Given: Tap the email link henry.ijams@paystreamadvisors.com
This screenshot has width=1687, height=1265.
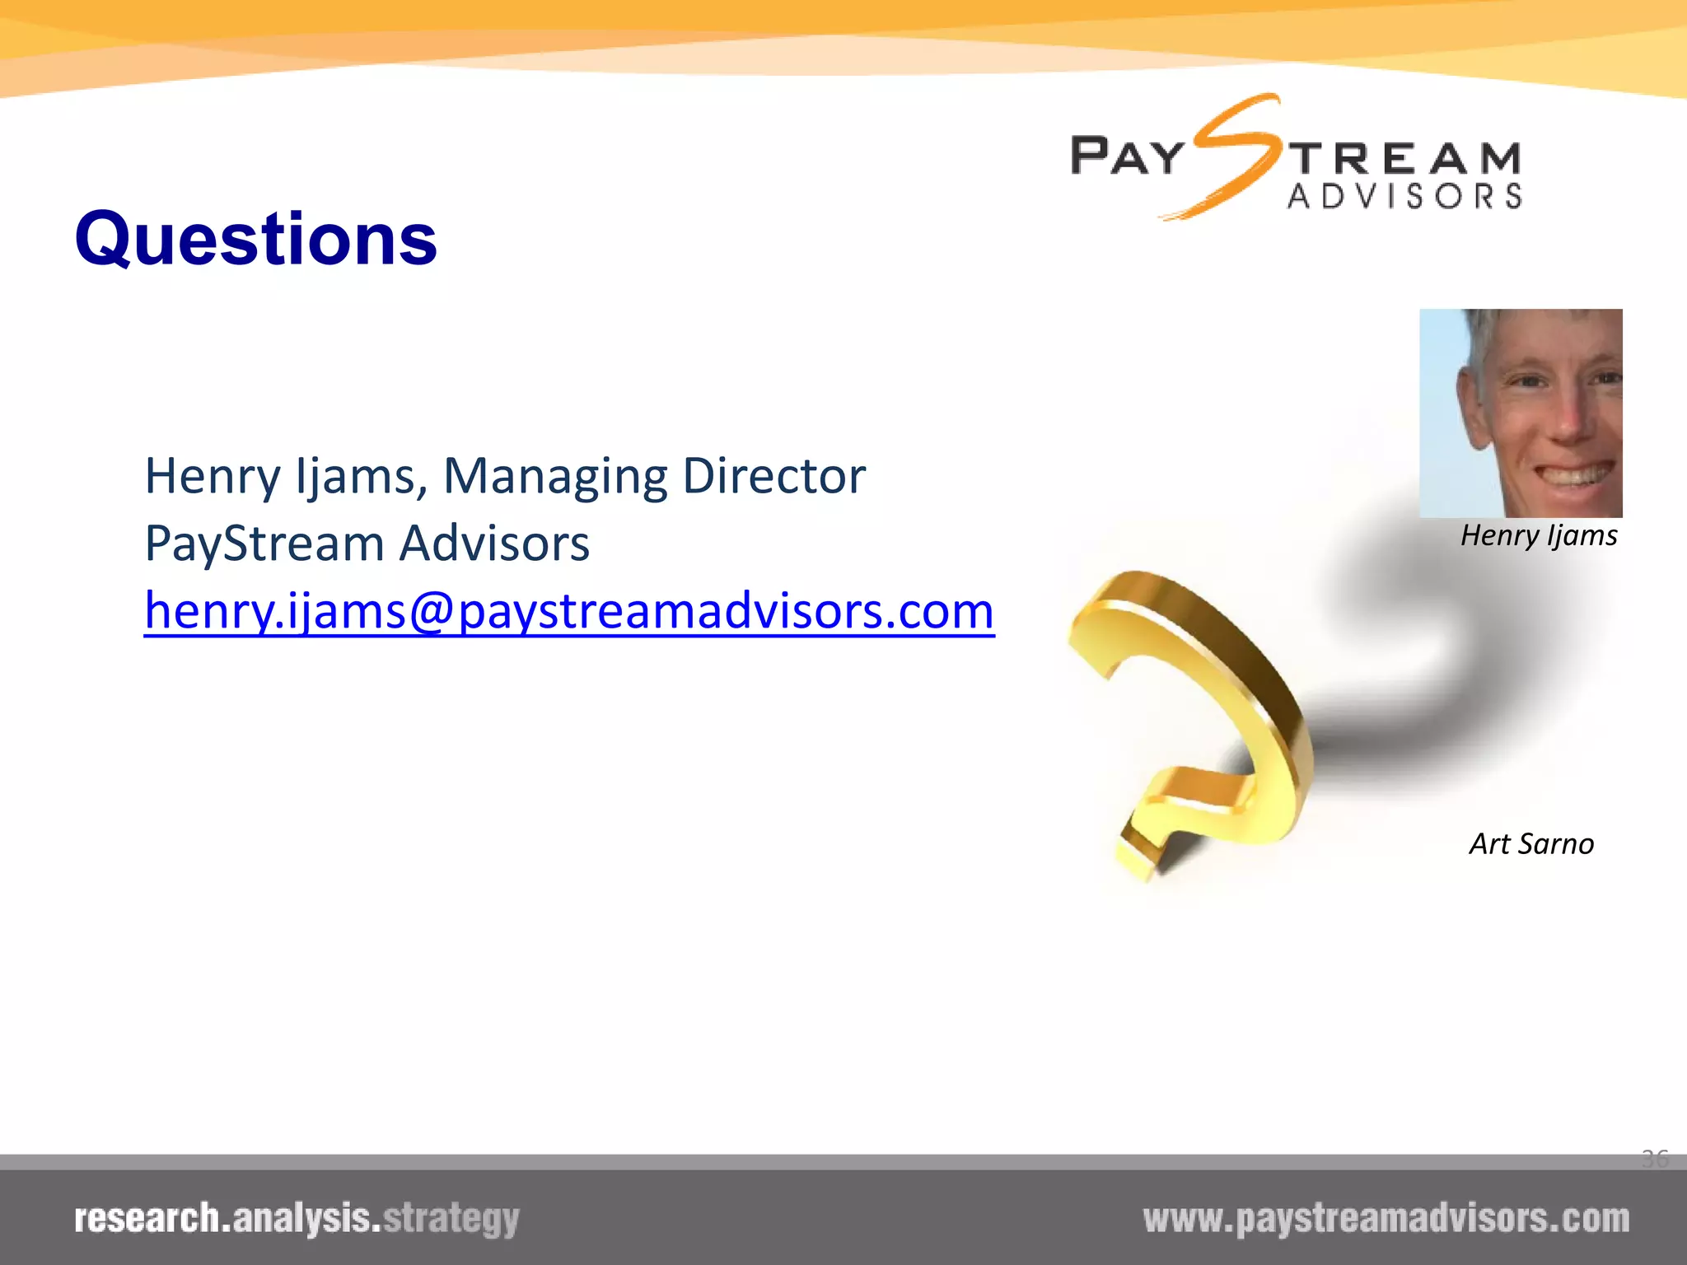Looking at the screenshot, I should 569,611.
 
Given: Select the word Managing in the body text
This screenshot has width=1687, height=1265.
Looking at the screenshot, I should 554,478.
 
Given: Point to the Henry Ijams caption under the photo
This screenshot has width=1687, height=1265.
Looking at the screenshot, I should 1538,536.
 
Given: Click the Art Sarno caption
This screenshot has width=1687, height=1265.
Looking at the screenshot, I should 1531,844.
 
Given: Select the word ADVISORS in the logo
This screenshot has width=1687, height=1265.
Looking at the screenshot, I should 1404,197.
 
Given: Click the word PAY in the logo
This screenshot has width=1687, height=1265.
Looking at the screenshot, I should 1127,156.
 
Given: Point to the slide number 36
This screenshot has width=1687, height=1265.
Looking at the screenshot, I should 1654,1159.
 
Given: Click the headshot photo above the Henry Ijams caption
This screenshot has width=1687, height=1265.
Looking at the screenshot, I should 1521,413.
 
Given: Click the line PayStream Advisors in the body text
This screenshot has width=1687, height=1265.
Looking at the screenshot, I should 367,544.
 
